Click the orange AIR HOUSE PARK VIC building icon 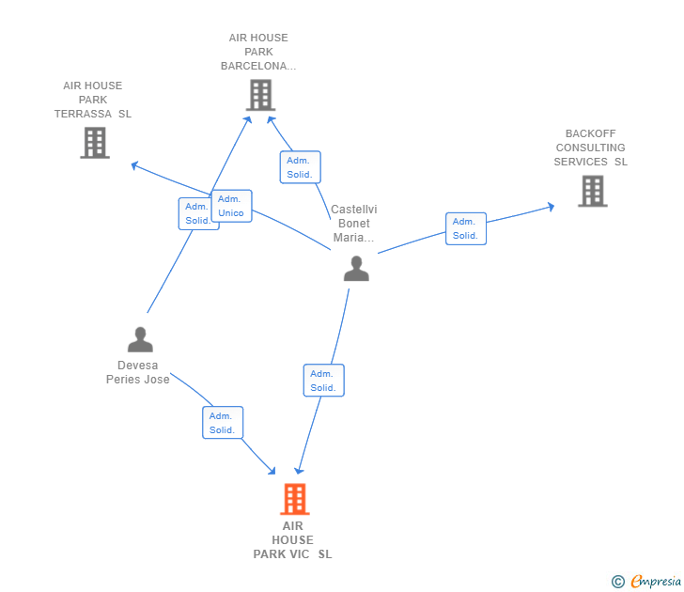[x=295, y=499]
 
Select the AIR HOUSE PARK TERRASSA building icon [x=95, y=143]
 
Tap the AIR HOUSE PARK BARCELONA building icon [x=260, y=95]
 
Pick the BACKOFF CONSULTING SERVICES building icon [x=592, y=191]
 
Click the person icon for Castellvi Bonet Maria [x=356, y=269]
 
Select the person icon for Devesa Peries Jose [x=140, y=339]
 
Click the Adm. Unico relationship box [x=232, y=206]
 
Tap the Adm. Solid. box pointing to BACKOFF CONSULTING [x=466, y=228]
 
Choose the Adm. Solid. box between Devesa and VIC [x=223, y=422]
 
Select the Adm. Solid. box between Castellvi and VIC [x=323, y=381]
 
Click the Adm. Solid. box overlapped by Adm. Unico [x=195, y=213]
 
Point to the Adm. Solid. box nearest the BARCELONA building [x=300, y=167]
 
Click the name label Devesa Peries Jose [x=138, y=372]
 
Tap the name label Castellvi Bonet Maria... [x=354, y=223]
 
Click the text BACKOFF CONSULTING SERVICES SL [x=591, y=148]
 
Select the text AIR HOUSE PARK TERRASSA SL [x=92, y=100]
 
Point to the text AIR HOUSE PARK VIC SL [x=293, y=539]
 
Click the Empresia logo [x=646, y=581]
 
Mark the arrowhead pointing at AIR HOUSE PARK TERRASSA [x=134, y=165]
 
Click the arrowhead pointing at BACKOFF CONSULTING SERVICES [x=551, y=207]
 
